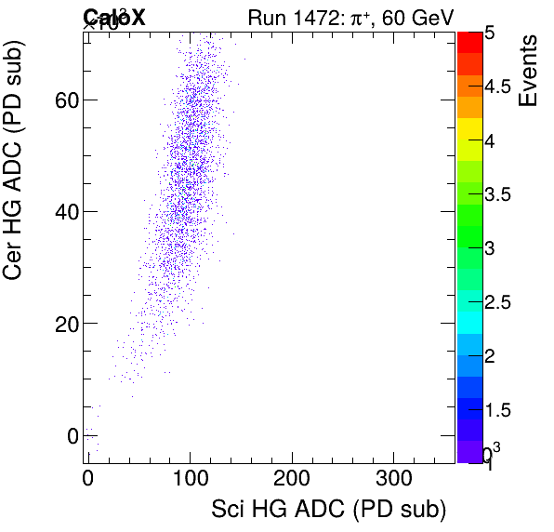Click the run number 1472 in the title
point(320,16)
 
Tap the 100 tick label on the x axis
point(190,478)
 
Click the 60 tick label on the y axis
point(64,100)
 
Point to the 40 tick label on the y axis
point(64,212)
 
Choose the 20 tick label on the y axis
point(64,324)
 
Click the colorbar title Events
point(529,71)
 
